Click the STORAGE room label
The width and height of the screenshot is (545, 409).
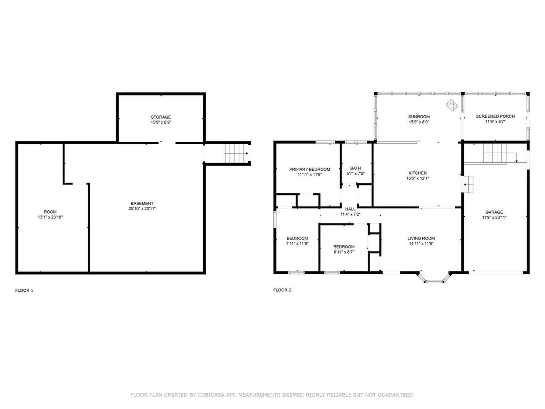click(161, 117)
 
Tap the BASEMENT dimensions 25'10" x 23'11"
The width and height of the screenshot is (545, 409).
click(142, 208)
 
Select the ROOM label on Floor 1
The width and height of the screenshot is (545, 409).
click(50, 212)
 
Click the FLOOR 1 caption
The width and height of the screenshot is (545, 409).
click(24, 290)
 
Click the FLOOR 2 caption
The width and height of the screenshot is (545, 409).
click(282, 290)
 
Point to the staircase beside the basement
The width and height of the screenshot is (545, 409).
click(236, 153)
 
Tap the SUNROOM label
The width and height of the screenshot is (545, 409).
click(419, 117)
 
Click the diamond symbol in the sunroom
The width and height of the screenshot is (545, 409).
click(452, 105)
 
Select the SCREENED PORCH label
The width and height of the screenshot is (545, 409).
click(495, 116)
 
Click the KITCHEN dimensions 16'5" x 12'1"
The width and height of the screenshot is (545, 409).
click(418, 178)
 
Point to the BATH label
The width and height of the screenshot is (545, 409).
click(355, 168)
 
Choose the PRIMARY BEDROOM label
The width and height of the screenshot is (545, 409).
click(310, 169)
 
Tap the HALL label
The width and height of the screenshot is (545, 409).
click(350, 209)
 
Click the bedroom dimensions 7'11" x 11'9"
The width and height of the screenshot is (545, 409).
click(297, 244)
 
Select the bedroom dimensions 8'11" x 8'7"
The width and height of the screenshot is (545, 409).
click(344, 252)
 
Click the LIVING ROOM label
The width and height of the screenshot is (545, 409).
click(421, 239)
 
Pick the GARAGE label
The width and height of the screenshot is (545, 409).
click(494, 212)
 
